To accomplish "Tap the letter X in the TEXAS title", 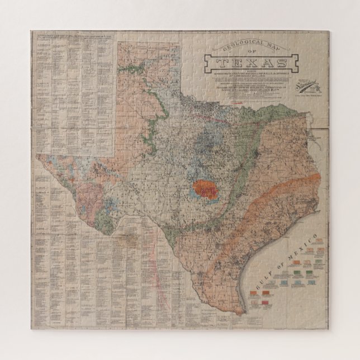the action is [247, 62].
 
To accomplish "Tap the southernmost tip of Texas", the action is [241, 314].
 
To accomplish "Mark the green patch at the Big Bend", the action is [103, 216].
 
